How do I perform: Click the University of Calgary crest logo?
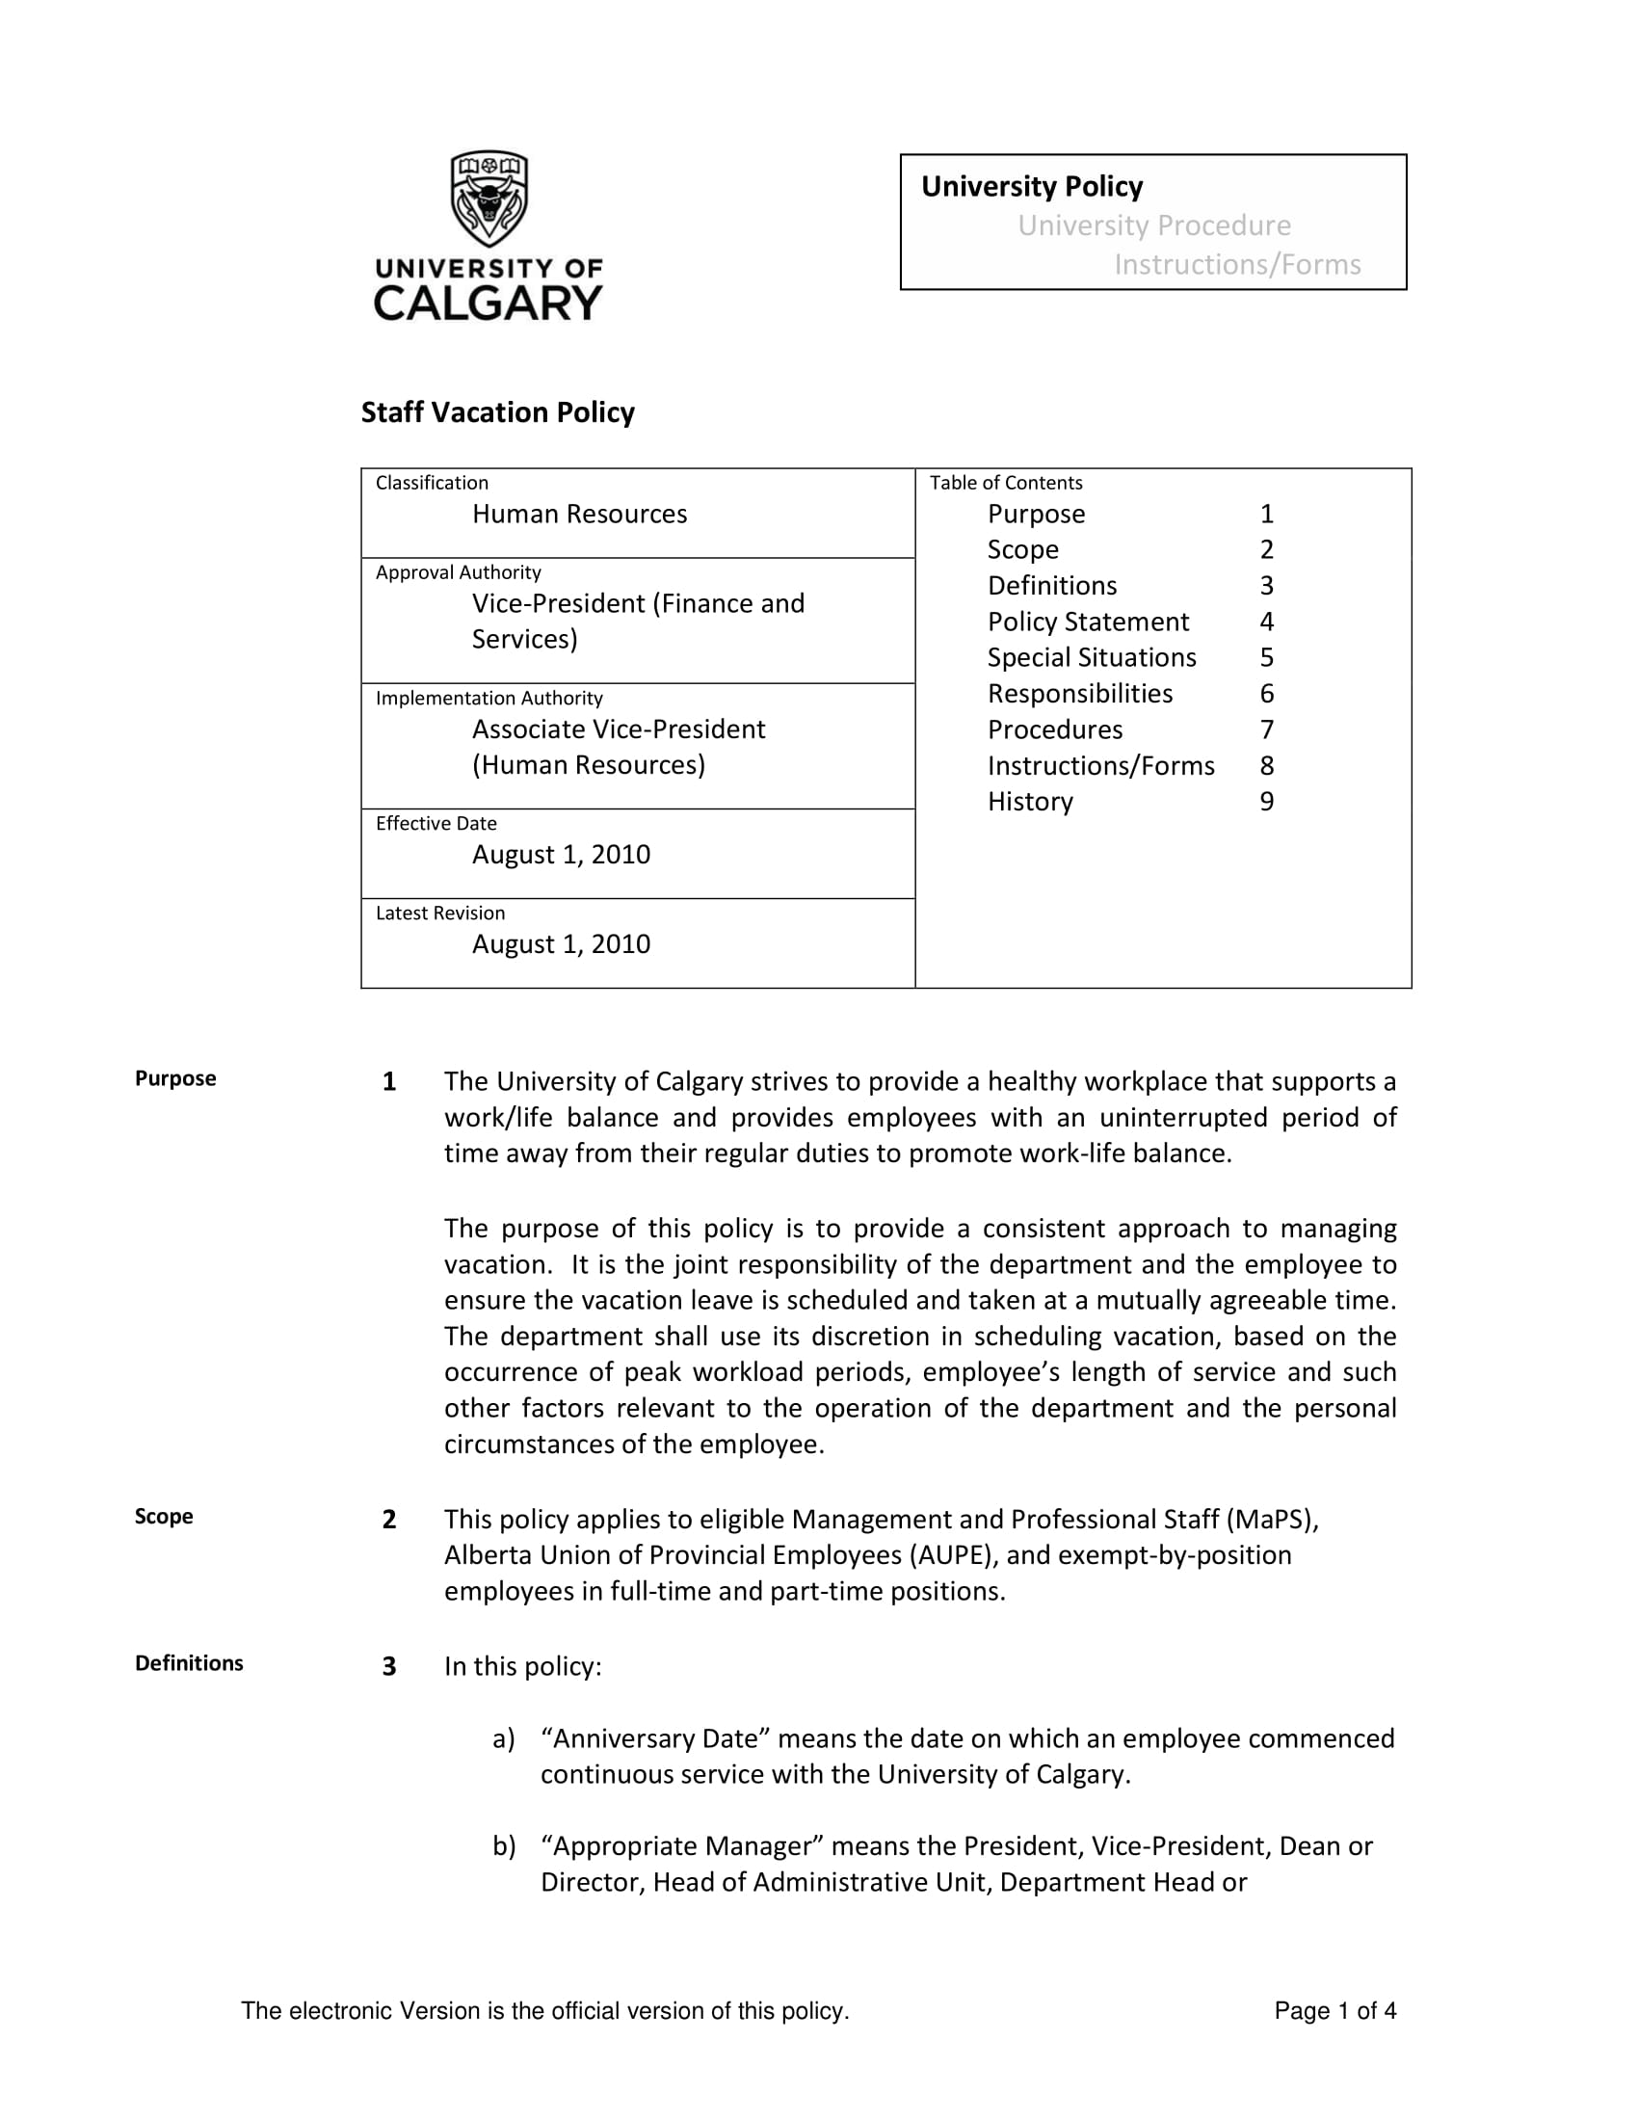tap(489, 199)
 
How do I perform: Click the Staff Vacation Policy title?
tap(498, 412)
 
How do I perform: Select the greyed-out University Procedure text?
tap(1153, 225)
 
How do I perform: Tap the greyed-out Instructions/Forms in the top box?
tap(1236, 264)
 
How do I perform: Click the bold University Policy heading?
tap(1032, 185)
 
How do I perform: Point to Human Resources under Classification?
tap(579, 514)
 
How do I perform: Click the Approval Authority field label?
tap(458, 572)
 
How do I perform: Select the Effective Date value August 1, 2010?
tap(561, 854)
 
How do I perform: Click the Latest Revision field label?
tap(439, 913)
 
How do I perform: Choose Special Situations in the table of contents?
tap(1092, 657)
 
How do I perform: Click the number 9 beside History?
tap(1266, 801)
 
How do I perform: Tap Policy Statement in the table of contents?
tap(1088, 622)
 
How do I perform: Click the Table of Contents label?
tap(1005, 483)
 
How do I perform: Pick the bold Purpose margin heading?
tap(175, 1078)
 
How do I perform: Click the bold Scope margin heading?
tap(164, 1516)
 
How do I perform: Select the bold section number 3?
tap(389, 1667)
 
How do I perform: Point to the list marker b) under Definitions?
tap(504, 1845)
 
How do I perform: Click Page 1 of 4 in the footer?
tap(1334, 2010)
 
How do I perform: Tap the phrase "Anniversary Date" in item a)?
tap(655, 1737)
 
